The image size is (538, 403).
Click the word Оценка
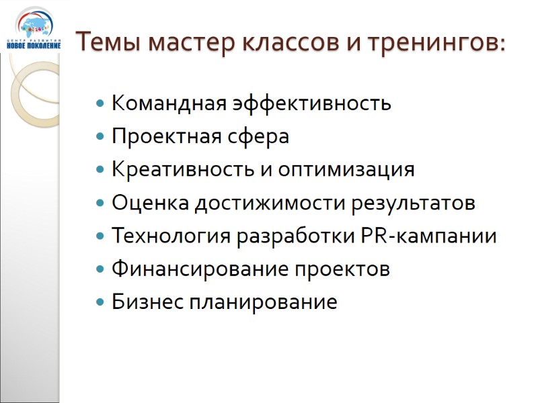pos(149,203)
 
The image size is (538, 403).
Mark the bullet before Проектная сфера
pos(100,138)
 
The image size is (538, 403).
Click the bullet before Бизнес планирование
pos(100,303)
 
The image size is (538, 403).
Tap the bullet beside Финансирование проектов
pos(100,270)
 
